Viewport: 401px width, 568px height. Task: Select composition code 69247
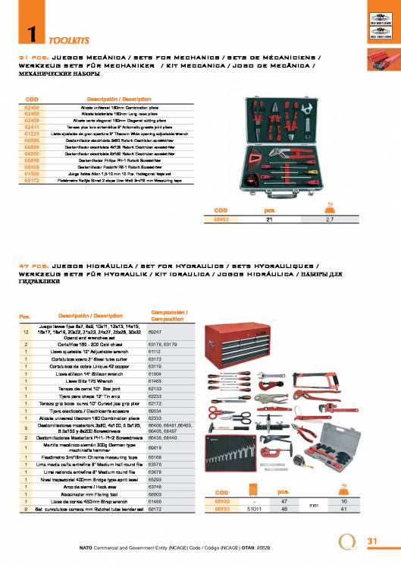pos(158,332)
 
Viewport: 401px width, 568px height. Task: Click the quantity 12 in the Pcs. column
pos(27,332)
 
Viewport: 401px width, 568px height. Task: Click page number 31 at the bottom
pos(371,540)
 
